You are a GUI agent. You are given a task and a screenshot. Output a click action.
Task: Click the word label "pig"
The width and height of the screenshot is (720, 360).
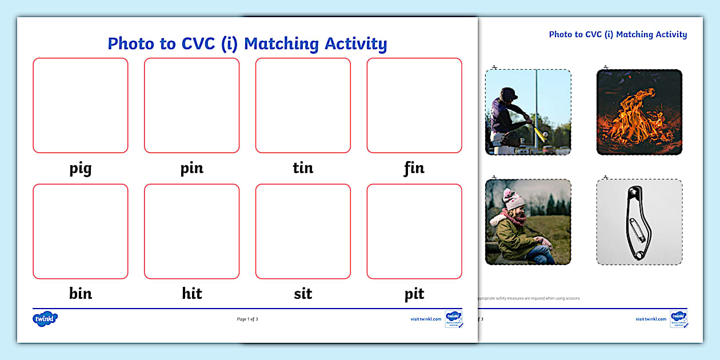(80, 169)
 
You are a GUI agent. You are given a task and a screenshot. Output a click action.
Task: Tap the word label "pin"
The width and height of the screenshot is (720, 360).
(191, 169)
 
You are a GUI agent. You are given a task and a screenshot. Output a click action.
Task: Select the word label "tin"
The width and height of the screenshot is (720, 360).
(303, 168)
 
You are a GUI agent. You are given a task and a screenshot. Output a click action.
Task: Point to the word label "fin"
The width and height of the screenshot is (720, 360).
(414, 168)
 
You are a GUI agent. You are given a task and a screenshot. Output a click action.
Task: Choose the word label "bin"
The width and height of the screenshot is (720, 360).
(80, 294)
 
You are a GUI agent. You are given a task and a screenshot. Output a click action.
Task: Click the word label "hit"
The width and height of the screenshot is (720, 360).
(191, 294)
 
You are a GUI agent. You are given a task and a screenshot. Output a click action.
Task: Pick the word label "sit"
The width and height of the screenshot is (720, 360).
(303, 294)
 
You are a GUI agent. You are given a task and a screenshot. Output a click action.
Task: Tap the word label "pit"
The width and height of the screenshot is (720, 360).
(414, 294)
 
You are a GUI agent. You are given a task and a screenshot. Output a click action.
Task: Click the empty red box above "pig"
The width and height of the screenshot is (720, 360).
(81, 105)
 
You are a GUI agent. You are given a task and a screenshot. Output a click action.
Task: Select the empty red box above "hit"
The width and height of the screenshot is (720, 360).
(191, 231)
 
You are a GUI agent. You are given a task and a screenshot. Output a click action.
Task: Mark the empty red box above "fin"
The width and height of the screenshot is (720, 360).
(414, 105)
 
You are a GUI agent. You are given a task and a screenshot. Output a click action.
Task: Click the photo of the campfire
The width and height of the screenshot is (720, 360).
(639, 112)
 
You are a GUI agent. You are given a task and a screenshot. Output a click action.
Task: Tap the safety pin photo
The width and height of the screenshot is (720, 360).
(639, 222)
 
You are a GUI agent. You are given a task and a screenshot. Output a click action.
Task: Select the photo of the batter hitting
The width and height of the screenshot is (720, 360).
(528, 112)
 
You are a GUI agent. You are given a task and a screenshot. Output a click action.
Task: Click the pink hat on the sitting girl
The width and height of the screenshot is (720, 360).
(514, 199)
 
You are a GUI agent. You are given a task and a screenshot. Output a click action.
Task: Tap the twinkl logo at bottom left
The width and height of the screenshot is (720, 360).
(45, 319)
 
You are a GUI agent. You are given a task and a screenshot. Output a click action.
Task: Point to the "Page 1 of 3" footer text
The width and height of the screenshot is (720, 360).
(247, 319)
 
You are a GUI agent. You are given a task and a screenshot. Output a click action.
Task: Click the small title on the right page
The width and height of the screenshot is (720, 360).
(618, 34)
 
